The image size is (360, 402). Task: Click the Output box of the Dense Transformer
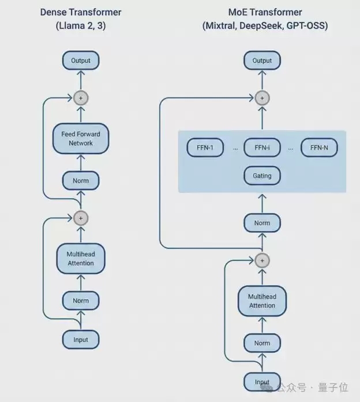pyautogui.click(x=81, y=61)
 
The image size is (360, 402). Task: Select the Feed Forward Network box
pyautogui.click(x=81, y=139)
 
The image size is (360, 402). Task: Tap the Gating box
pyautogui.click(x=262, y=176)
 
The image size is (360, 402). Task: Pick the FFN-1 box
pyautogui.click(x=205, y=148)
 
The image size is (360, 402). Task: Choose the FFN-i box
pyautogui.click(x=262, y=148)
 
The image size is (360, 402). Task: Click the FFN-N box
pyautogui.click(x=319, y=148)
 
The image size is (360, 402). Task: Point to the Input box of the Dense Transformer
pyautogui.click(x=81, y=340)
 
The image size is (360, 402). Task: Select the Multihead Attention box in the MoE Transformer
pyautogui.click(x=262, y=301)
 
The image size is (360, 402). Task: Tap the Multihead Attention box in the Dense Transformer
pyautogui.click(x=81, y=259)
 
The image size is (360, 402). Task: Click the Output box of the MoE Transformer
pyautogui.click(x=262, y=61)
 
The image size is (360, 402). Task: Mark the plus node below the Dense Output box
pyautogui.click(x=81, y=98)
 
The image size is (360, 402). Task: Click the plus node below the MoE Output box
pyautogui.click(x=262, y=98)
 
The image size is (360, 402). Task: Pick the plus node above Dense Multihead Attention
pyautogui.click(x=81, y=218)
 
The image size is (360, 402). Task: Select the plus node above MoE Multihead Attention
pyautogui.click(x=262, y=260)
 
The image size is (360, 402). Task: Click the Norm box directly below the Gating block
pyautogui.click(x=262, y=223)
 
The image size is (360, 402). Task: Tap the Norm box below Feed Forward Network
pyautogui.click(x=81, y=181)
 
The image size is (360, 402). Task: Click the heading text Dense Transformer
pyautogui.click(x=80, y=12)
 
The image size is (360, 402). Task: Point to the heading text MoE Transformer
pyautogui.click(x=265, y=12)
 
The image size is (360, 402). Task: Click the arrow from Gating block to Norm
pyautogui.click(x=262, y=203)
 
